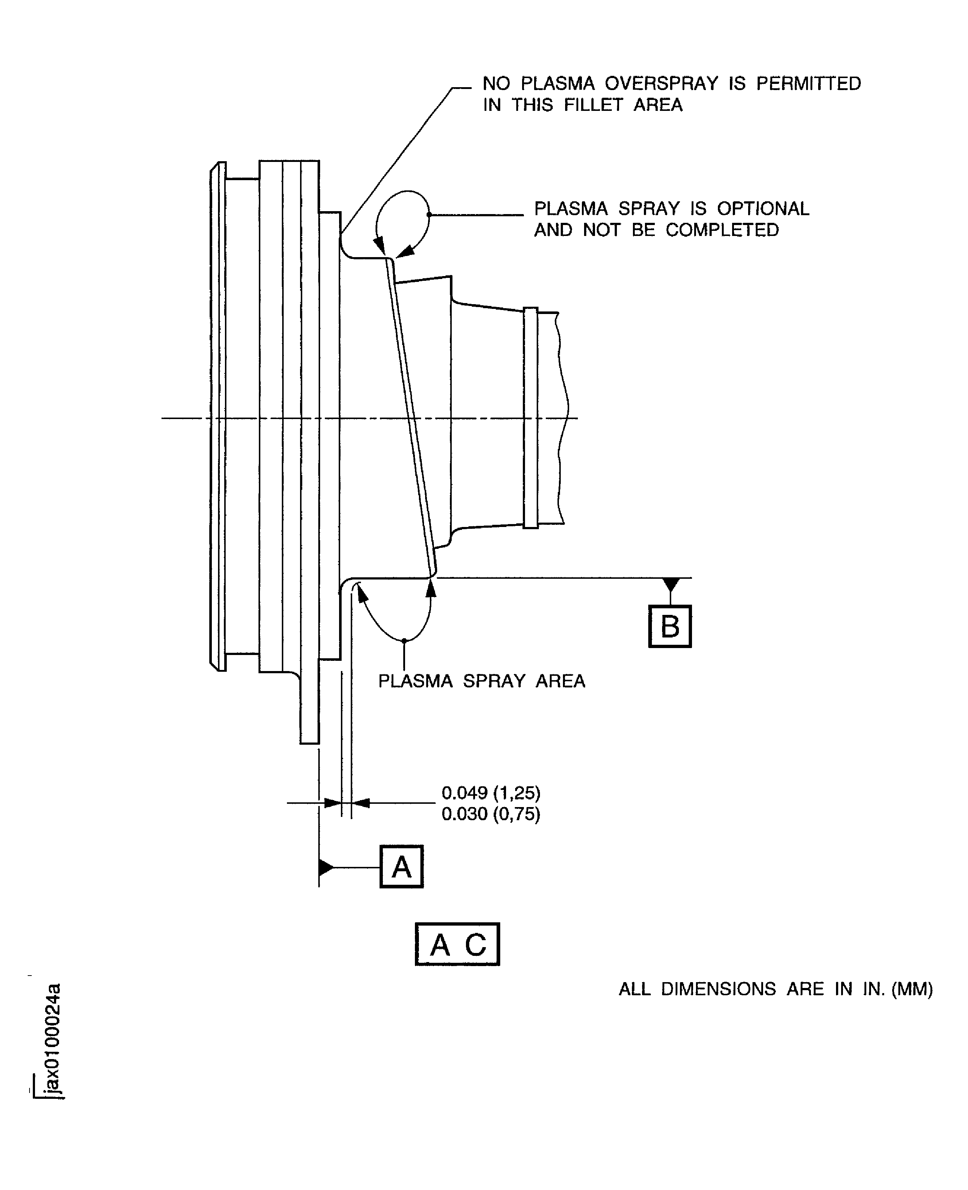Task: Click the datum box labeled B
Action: pyautogui.click(x=670, y=626)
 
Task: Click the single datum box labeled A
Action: pyautogui.click(x=401, y=867)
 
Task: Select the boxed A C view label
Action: pyautogui.click(x=457, y=944)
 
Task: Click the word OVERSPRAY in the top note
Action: pyautogui.click(x=661, y=84)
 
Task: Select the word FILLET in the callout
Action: pyautogui.click(x=593, y=105)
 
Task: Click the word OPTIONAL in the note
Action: pyautogui.click(x=763, y=209)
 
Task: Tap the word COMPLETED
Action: pyautogui.click(x=722, y=230)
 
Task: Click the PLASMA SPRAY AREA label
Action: pyautogui.click(x=482, y=681)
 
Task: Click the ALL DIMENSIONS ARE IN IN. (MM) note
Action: pyautogui.click(x=775, y=989)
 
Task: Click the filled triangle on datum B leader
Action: pyautogui.click(x=671, y=584)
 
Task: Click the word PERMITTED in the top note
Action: pyautogui.click(x=809, y=84)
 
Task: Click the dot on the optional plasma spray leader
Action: pyautogui.click(x=429, y=214)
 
